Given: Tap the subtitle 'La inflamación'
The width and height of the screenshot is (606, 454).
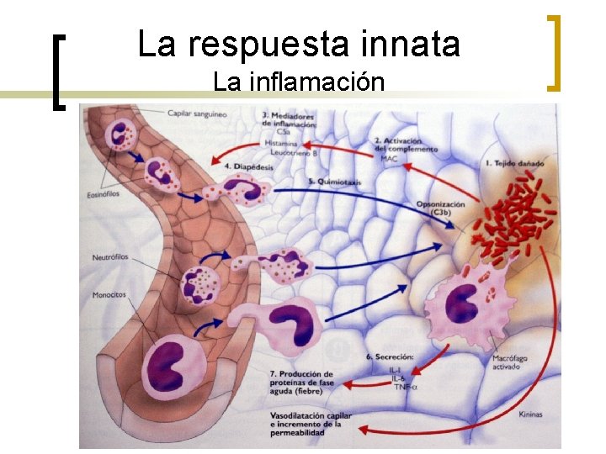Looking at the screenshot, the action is (x=299, y=82).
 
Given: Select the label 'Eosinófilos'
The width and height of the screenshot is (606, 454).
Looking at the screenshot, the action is (x=105, y=193).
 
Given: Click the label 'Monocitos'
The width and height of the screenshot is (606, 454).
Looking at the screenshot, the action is (x=109, y=295).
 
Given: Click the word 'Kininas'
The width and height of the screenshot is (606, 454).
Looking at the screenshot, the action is (x=531, y=414).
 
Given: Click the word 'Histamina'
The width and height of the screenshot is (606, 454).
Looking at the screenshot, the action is (x=281, y=144).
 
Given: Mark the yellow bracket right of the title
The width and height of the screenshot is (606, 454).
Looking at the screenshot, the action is (x=555, y=52).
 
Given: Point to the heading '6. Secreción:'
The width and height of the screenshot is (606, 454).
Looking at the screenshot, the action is (x=389, y=357).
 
